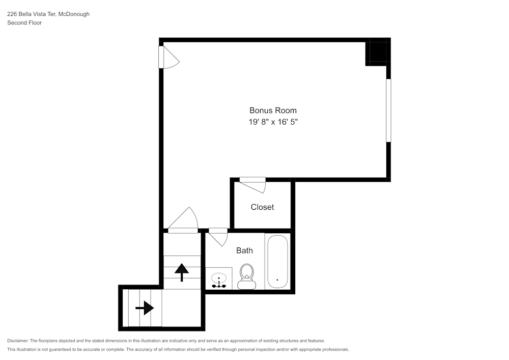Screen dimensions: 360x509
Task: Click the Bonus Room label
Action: pyautogui.click(x=273, y=110)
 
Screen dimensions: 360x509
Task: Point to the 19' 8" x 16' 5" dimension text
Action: pyautogui.click(x=273, y=122)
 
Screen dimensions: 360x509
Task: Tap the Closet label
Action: pyautogui.click(x=262, y=207)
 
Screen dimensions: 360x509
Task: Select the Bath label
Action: pyautogui.click(x=244, y=251)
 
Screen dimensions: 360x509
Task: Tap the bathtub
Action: pyautogui.click(x=277, y=262)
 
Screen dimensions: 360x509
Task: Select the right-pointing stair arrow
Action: pyautogui.click(x=145, y=308)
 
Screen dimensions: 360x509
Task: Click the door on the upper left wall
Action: pyautogui.click(x=168, y=57)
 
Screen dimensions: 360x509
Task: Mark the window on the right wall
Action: pyautogui.click(x=388, y=110)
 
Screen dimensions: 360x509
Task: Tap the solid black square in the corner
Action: pyautogui.click(x=377, y=51)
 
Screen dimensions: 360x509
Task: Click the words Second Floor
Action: pyautogui.click(x=24, y=23)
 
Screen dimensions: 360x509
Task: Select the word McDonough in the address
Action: pyautogui.click(x=74, y=14)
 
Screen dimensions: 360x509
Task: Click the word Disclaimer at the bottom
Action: pyautogui.click(x=18, y=341)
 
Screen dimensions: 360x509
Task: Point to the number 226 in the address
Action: pyautogui.click(x=12, y=14)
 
